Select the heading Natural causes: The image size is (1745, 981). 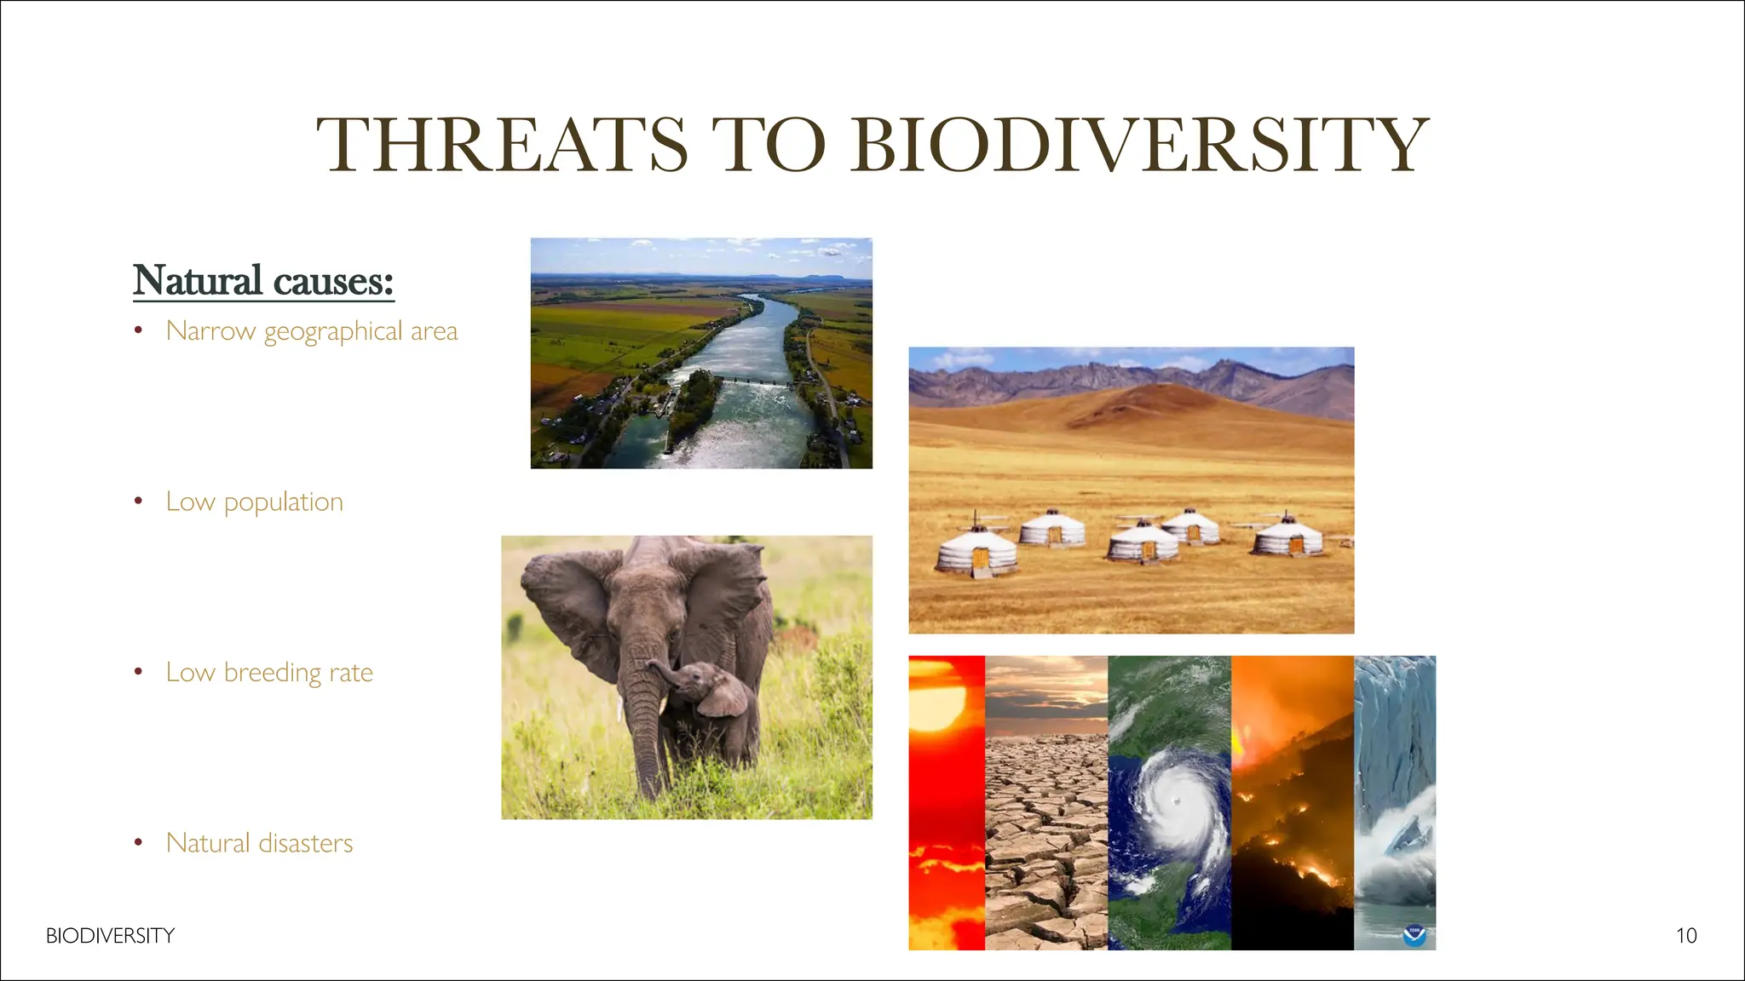point(263,280)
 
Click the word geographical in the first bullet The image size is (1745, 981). point(333,331)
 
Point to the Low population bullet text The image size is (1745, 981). point(254,502)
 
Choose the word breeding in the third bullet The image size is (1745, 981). point(273,673)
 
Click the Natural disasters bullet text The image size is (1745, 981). point(259,843)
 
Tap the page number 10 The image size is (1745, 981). point(1686,936)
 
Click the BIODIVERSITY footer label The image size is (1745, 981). point(110,936)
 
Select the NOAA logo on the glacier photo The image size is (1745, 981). point(1414,935)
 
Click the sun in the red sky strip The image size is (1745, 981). point(937,707)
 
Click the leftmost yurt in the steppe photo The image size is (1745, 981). point(976,552)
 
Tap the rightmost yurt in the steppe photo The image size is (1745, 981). point(1288,536)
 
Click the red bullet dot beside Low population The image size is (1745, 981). point(138,502)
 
